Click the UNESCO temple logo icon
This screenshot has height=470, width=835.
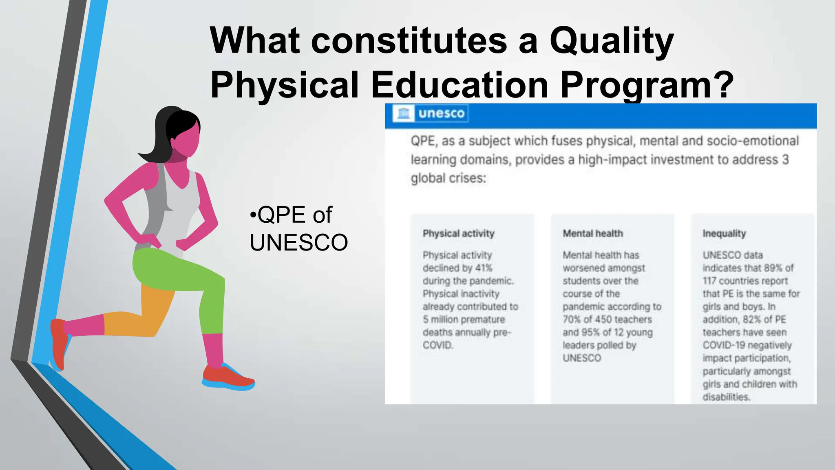(403, 113)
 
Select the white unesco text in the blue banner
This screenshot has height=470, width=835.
(441, 113)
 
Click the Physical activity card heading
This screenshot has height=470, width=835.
(458, 233)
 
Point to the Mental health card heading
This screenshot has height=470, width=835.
(593, 233)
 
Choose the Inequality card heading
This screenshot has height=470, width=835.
(724, 233)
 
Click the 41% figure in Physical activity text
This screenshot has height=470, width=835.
(484, 268)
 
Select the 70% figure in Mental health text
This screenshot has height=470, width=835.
(571, 319)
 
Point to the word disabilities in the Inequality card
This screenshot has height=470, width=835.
(726, 397)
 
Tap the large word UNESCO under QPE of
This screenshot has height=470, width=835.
(299, 242)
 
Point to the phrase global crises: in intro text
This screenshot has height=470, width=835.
(448, 178)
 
